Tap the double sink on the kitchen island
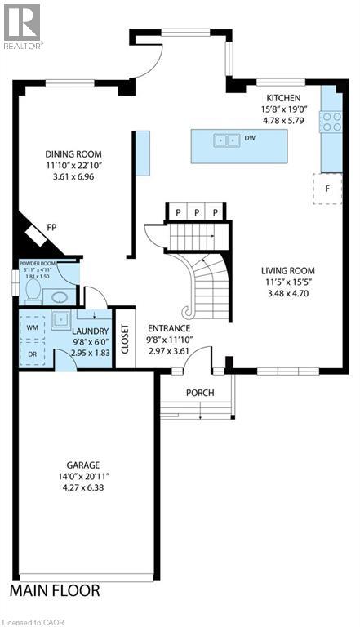(226, 140)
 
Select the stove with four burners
(331, 122)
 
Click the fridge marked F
(327, 187)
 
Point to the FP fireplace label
(51, 228)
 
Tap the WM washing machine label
(33, 327)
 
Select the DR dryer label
(33, 354)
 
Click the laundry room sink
(60, 319)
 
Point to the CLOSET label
(126, 335)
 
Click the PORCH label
(200, 393)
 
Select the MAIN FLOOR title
(55, 589)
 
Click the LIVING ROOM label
(288, 271)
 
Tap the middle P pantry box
(197, 212)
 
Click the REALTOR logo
(22, 25)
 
